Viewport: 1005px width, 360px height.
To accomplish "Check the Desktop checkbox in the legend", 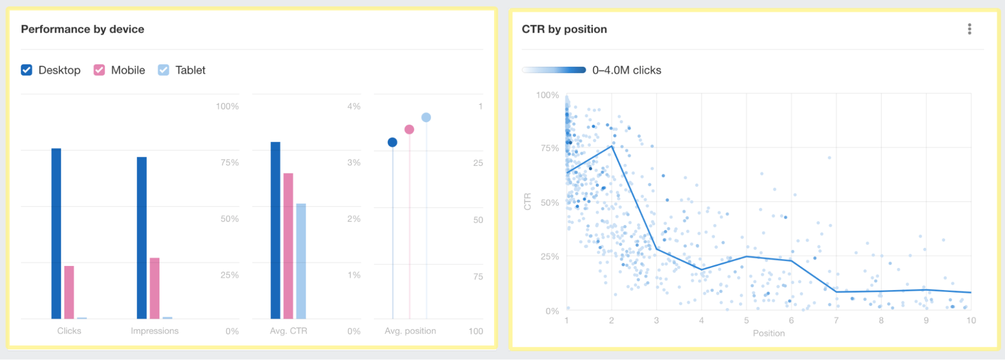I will click(27, 70).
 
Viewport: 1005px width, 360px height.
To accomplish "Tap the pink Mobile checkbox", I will click(99, 70).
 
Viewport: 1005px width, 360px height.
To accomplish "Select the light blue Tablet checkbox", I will click(163, 70).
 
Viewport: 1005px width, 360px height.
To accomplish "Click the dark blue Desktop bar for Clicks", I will click(56, 233).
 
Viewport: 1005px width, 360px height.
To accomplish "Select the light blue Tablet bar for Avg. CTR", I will click(301, 261).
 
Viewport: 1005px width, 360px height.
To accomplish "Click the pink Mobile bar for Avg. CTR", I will click(288, 246).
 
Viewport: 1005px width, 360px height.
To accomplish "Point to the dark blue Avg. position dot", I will click(393, 142).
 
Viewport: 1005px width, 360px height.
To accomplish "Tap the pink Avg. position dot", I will click(409, 129).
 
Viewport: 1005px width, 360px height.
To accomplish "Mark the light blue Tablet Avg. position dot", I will click(426, 117).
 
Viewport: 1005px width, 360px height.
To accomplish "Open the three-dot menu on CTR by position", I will click(969, 29).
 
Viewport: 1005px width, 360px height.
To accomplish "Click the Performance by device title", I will click(82, 29).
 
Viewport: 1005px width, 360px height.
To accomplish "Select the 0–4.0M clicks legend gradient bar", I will click(554, 70).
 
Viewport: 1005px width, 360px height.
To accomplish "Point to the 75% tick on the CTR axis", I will click(550, 148).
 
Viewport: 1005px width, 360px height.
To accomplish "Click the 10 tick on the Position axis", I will click(971, 320).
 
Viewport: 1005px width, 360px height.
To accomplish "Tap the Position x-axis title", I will click(769, 333).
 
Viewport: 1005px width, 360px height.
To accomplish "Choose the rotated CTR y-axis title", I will click(527, 202).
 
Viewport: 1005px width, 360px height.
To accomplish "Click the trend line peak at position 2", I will click(612, 146).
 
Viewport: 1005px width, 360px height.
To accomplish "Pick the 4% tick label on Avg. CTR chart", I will click(353, 106).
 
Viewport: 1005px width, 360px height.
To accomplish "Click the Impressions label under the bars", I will click(154, 331).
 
